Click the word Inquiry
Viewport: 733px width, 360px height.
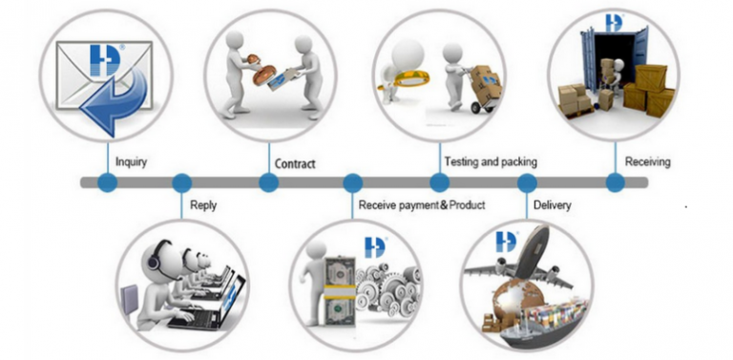[131, 162]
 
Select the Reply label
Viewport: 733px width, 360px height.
[203, 205]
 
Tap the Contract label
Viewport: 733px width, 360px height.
[295, 163]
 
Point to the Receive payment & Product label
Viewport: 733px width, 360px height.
[422, 205]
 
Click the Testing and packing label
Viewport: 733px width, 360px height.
[491, 161]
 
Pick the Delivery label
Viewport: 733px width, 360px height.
[552, 205]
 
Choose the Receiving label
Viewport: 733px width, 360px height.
[647, 161]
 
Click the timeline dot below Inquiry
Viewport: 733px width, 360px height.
[108, 182]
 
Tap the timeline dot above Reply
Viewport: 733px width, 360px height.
[182, 182]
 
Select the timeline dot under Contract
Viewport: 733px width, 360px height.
[269, 182]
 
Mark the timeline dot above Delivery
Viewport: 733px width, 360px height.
[527, 182]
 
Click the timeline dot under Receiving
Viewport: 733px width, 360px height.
[616, 182]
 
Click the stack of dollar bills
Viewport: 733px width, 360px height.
[340, 292]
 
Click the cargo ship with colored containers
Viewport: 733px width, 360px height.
[542, 325]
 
